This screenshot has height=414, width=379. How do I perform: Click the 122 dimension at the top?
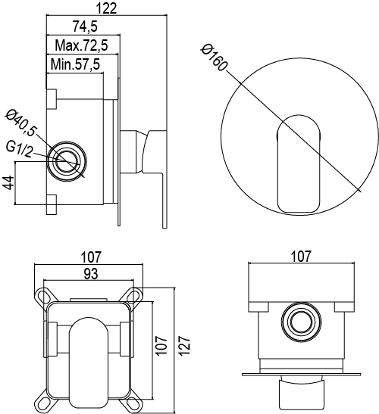click(106, 8)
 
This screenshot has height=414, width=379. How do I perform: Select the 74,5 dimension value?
click(85, 26)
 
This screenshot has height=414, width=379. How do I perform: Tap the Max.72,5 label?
click(82, 45)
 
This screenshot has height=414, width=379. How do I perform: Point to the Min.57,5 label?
click(75, 64)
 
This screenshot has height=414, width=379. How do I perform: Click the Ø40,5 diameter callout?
click(21, 123)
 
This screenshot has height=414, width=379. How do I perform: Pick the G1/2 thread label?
click(19, 149)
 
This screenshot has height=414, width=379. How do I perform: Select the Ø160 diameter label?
click(215, 58)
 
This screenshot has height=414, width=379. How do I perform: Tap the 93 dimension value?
click(91, 274)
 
